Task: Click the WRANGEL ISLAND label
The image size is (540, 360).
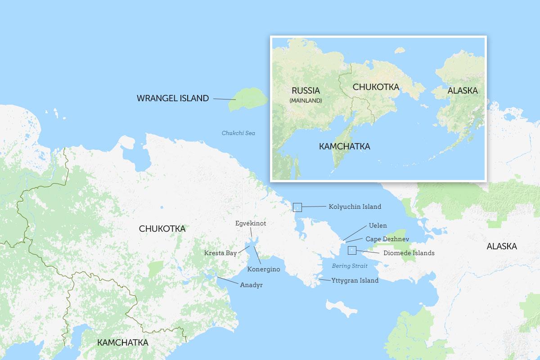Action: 173,98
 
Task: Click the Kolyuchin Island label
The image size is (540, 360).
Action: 355,207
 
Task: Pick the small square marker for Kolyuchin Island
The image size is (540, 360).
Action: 297,207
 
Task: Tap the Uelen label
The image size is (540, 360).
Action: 378,225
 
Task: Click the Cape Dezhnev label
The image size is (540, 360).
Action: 387,239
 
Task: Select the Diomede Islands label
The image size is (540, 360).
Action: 409,253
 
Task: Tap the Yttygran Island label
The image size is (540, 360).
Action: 355,280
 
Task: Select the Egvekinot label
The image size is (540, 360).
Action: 251,223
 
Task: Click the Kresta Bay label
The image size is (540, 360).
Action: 220,253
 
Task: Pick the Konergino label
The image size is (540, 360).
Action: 264,269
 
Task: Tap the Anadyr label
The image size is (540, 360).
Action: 251,285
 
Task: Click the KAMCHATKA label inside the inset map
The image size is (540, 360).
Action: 344,147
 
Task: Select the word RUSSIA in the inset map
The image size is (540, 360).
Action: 306,90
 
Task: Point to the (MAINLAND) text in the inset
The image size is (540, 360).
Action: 306,100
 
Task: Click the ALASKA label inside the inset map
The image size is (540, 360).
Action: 463,91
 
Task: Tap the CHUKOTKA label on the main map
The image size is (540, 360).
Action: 162,229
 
